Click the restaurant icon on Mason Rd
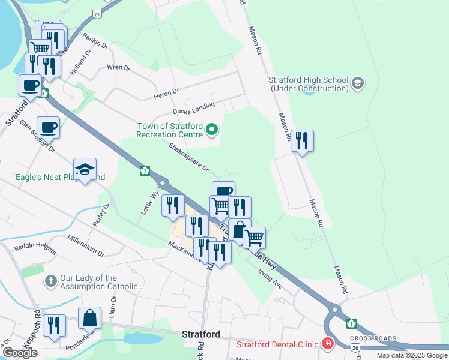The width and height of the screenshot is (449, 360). [302, 141]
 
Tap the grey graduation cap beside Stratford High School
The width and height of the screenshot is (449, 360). [358, 82]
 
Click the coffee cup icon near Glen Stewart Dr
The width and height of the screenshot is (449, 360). [49, 127]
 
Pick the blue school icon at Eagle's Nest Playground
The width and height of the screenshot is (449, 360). [85, 170]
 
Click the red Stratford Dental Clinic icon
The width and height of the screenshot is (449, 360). [328, 344]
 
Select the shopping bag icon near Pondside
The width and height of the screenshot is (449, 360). [89, 318]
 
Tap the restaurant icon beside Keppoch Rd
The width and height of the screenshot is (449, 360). [55, 326]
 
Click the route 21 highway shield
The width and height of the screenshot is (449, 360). [97, 13]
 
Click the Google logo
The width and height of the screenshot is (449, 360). [20, 352]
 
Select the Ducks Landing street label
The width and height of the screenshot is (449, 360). [194, 109]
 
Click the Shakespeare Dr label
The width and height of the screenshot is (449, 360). [188, 157]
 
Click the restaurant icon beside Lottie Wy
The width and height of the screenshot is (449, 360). [173, 206]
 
